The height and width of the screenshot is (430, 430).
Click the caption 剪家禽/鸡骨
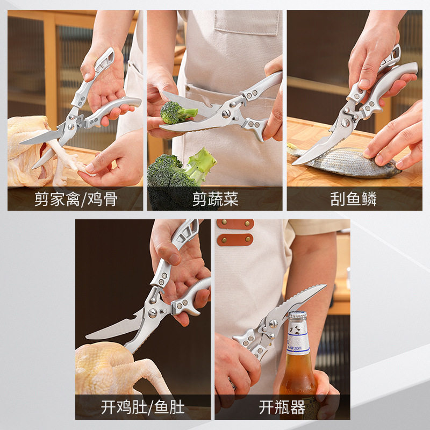click(x=75, y=199)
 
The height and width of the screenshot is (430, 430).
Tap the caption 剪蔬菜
click(x=215, y=199)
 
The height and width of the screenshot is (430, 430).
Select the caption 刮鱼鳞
click(x=354, y=199)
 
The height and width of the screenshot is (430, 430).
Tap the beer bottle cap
click(x=297, y=316)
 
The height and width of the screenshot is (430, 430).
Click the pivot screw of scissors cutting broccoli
click(x=226, y=113)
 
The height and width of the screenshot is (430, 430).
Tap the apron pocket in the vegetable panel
click(x=247, y=21)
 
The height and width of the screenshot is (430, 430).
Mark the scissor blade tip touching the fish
click(x=296, y=161)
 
